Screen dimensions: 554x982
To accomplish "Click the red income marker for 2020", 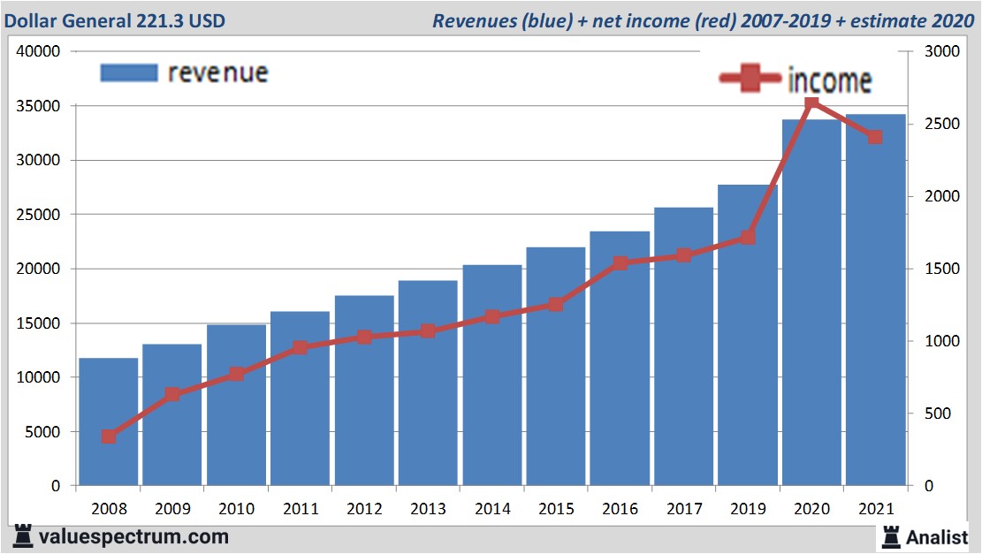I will tap(811, 104).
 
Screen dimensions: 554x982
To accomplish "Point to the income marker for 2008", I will tap(109, 436).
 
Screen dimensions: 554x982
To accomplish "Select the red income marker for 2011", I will tap(300, 347).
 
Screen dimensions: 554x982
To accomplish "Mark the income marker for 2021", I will tap(875, 137).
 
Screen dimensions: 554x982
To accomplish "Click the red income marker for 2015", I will tap(555, 305).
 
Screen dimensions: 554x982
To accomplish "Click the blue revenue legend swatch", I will tap(128, 72).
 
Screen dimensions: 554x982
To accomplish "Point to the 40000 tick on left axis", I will tap(38, 51).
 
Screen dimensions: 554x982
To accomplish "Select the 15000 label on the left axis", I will tap(38, 323).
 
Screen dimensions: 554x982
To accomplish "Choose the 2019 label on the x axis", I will tap(747, 509).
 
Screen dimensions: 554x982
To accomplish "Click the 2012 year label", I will tap(364, 509).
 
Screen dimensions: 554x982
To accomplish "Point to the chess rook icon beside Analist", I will tap(890, 535).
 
